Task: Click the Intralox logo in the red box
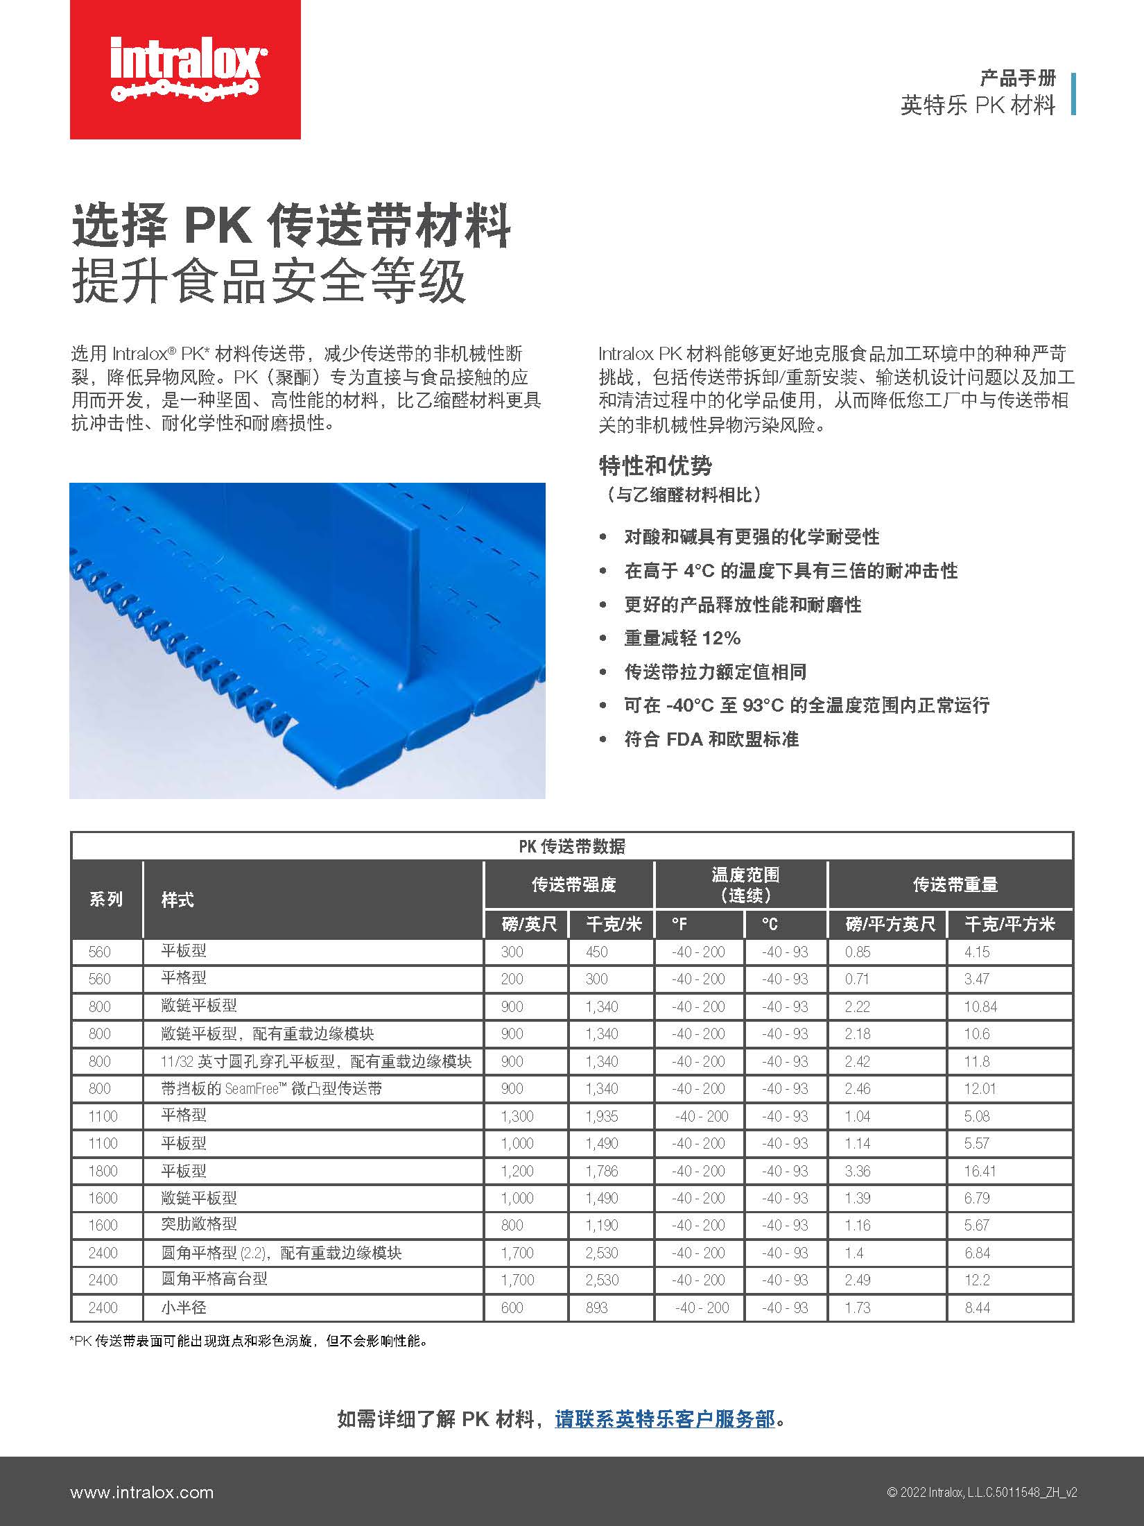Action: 185,70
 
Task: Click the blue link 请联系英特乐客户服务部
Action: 664,1419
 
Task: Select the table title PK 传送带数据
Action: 572,846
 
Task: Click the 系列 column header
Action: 106,900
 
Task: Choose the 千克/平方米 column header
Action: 1009,924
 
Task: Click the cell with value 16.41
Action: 980,1171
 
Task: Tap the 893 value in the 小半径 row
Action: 596,1308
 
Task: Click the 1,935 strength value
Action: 602,1116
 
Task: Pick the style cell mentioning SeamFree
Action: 272,1088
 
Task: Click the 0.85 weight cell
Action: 858,952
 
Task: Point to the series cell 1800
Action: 103,1171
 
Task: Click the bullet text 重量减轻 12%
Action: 682,638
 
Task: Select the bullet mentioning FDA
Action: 711,739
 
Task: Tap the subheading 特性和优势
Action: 655,466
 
